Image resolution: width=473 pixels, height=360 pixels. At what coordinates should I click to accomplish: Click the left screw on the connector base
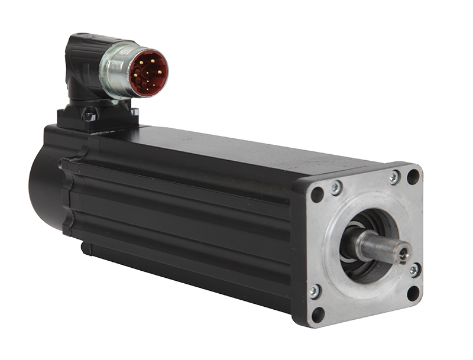(90, 116)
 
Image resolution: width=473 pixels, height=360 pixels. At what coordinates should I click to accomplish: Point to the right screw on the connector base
(134, 112)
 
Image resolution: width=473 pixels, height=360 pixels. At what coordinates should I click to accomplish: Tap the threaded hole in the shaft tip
(404, 253)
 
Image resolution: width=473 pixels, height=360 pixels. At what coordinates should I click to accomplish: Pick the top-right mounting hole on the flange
(413, 176)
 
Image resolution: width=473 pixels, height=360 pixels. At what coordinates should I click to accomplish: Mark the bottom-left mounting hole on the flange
(318, 314)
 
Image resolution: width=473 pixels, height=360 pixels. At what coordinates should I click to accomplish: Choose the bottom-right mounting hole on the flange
(413, 293)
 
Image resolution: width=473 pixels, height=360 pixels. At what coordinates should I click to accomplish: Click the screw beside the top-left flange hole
(336, 188)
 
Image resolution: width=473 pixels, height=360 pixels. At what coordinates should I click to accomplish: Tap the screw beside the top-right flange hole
(394, 177)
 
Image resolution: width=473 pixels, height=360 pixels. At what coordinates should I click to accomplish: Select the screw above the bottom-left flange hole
(315, 291)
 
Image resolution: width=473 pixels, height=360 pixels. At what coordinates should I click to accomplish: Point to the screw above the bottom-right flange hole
(415, 270)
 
